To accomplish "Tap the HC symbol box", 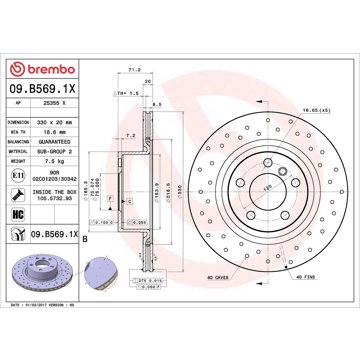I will coord(18,215).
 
